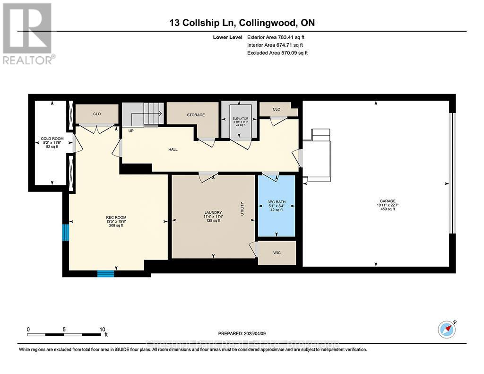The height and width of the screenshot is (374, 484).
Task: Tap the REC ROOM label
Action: point(114,218)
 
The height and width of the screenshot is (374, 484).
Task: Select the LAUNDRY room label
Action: point(214,212)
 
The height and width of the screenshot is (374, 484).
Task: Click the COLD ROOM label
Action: point(52,138)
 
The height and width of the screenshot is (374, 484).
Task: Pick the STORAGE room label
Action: point(196,115)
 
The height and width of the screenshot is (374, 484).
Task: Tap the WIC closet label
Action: point(277,253)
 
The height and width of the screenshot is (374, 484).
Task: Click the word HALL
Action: point(173,149)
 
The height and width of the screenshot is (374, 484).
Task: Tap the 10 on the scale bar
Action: point(103,329)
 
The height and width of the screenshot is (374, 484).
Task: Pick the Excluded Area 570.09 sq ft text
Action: point(277,53)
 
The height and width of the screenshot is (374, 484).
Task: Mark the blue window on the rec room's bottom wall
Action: point(106,273)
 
